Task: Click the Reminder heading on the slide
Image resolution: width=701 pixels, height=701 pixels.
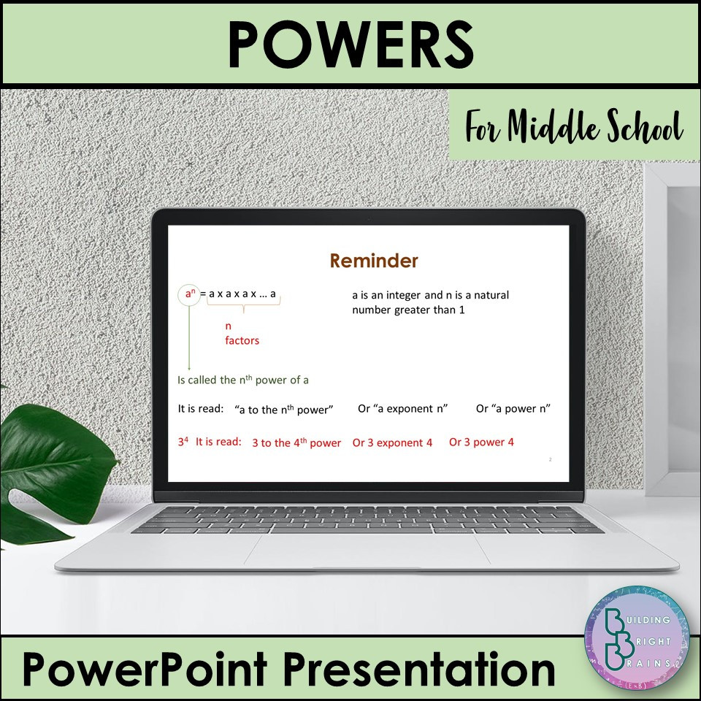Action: point(374,261)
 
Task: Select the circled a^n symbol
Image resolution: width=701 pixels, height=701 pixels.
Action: point(189,295)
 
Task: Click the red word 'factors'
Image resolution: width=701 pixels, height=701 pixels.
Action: point(242,340)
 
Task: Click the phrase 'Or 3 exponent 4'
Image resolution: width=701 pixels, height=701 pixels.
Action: point(392,443)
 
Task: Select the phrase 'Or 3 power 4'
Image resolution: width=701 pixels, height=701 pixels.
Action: point(481,443)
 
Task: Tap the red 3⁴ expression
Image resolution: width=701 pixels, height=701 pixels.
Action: point(183,442)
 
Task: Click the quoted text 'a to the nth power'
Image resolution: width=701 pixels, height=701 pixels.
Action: point(284,410)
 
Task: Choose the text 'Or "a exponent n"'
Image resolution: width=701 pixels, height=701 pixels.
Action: point(402,409)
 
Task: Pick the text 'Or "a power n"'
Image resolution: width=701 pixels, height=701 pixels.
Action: point(513,409)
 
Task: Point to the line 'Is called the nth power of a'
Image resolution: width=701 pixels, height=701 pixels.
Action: point(243,380)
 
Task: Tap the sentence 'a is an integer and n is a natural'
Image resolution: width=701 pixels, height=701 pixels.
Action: point(430,295)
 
